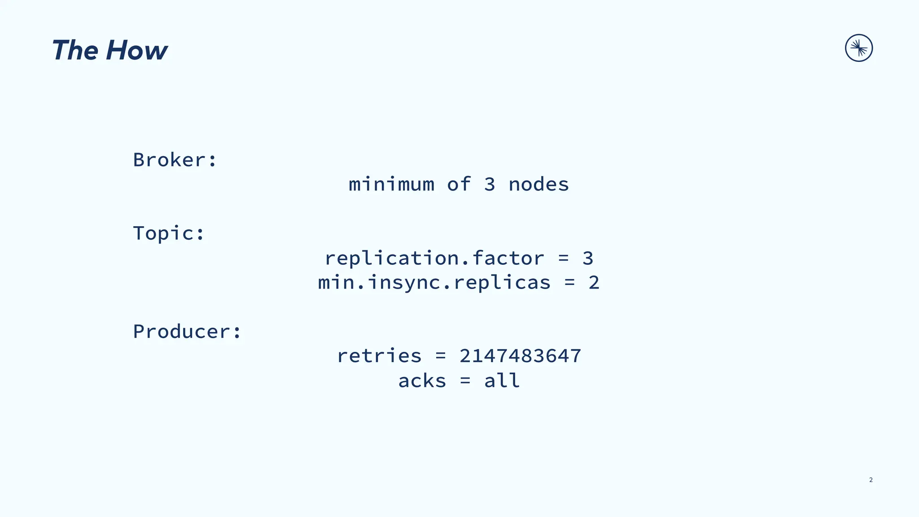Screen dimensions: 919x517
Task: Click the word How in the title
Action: coord(137,50)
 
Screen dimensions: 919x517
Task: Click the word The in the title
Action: coord(75,50)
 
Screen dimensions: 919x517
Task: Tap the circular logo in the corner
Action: coord(859,48)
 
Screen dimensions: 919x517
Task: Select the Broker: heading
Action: coord(175,160)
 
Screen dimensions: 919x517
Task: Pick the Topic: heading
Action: coord(169,233)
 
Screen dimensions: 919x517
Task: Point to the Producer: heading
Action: coord(187,332)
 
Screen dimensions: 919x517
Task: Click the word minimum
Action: coord(392,184)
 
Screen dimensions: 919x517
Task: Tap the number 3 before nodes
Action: coord(490,184)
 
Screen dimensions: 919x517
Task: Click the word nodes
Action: coord(538,184)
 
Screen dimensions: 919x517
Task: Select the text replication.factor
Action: coord(434,258)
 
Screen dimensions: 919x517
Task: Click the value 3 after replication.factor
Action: coord(588,258)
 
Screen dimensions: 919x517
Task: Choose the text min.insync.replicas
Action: coord(434,283)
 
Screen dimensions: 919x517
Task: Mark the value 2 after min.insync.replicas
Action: coord(594,283)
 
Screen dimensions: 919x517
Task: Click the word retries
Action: coord(380,356)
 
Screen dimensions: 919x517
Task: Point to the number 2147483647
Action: coord(521,356)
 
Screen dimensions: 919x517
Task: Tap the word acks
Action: coord(422,381)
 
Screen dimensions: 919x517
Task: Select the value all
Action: coord(502,381)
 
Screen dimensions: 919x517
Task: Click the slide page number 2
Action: coord(871,480)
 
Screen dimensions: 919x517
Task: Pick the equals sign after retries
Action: coord(441,356)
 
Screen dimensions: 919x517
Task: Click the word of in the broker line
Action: coord(459,184)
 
